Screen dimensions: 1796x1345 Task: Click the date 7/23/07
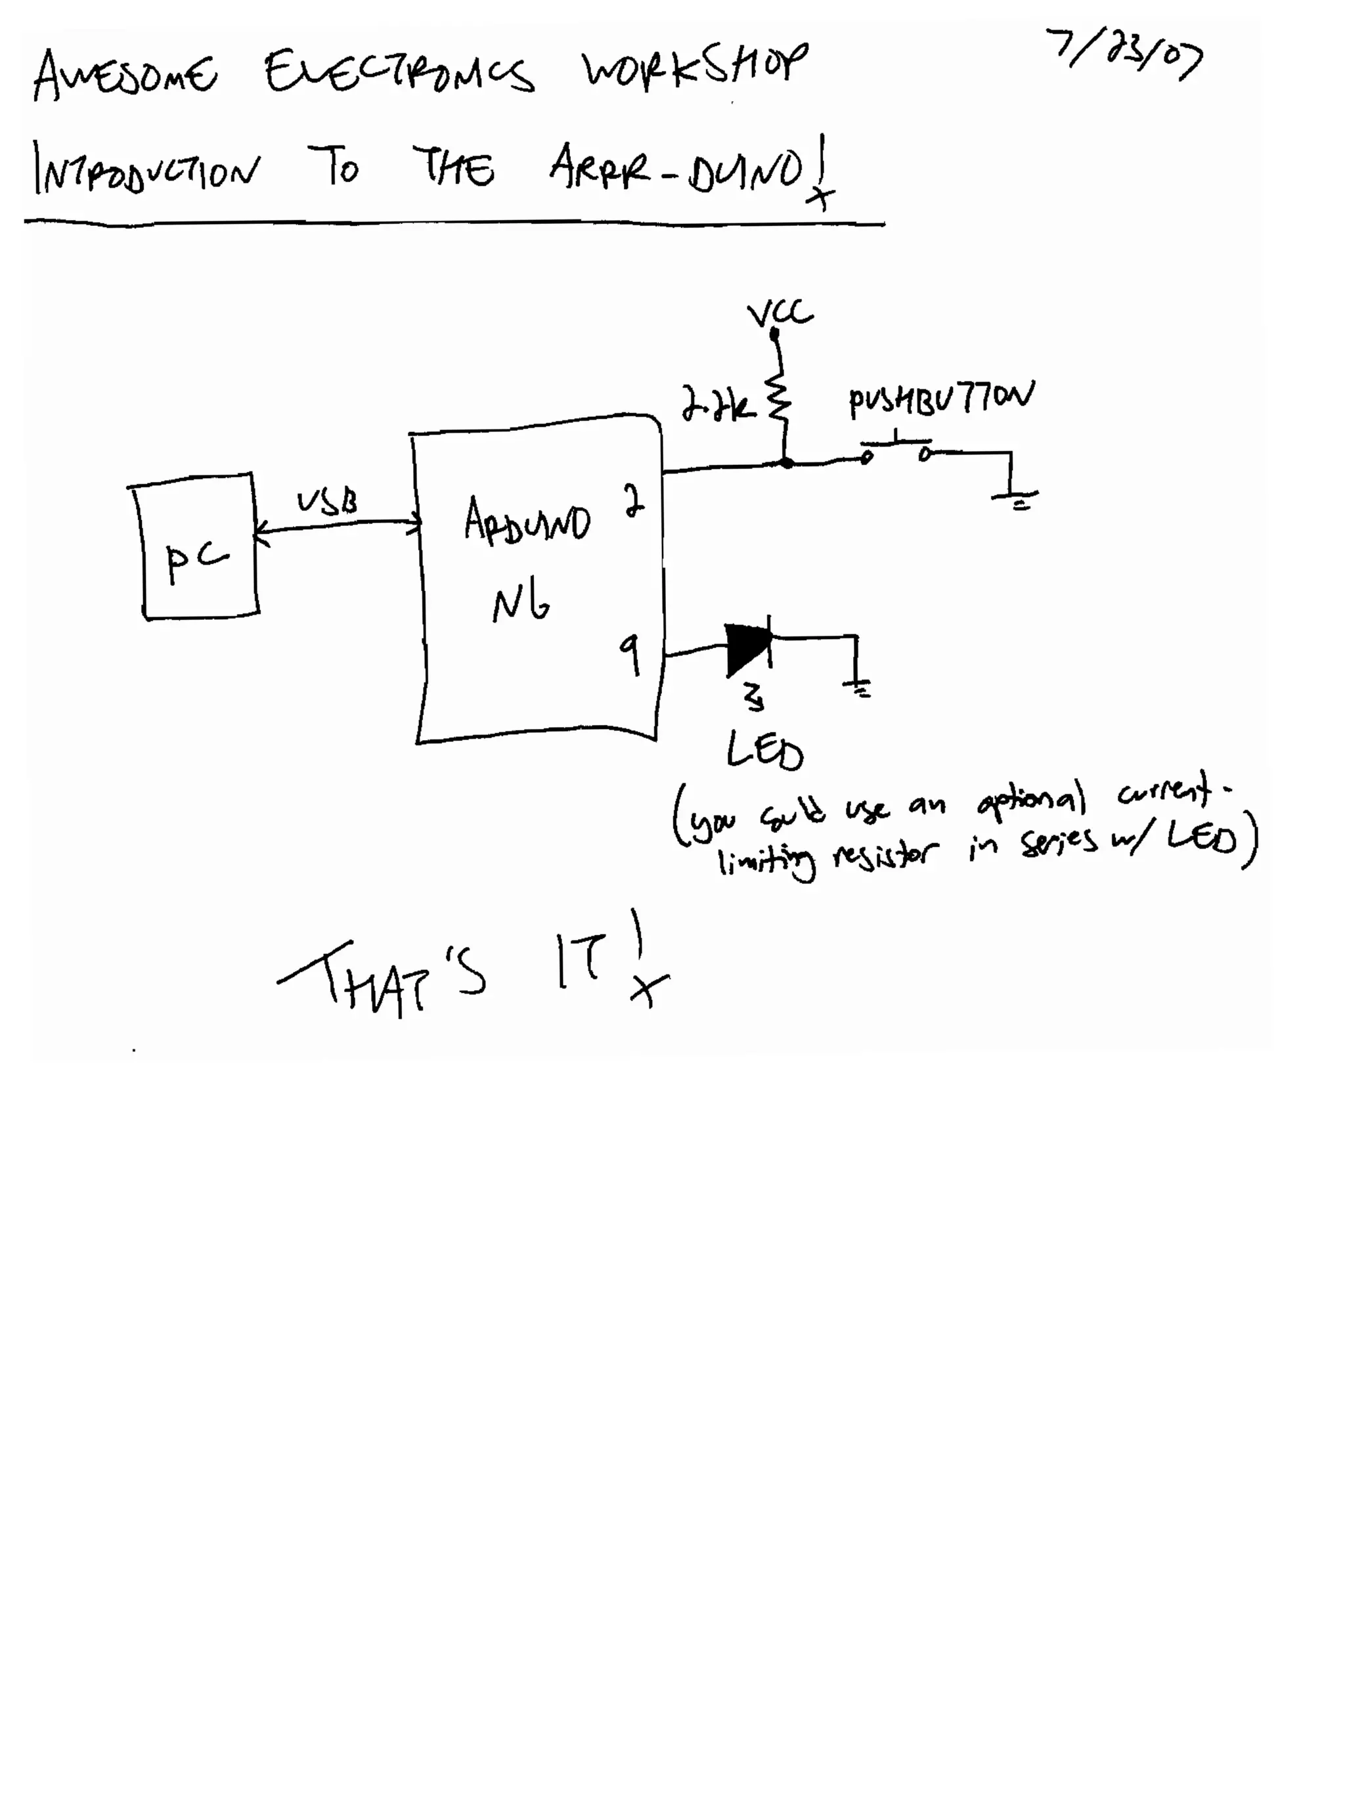1123,55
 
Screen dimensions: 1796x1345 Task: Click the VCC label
780,313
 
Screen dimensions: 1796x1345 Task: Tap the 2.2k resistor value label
717,404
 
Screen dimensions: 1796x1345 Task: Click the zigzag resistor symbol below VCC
778,398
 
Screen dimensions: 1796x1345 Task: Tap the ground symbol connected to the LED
858,688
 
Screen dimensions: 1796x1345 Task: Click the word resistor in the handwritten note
885,854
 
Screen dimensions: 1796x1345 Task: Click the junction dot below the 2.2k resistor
785,463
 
